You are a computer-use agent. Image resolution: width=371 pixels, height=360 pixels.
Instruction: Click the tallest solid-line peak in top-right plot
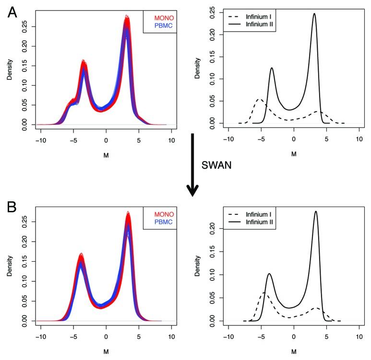pyautogui.click(x=314, y=14)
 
